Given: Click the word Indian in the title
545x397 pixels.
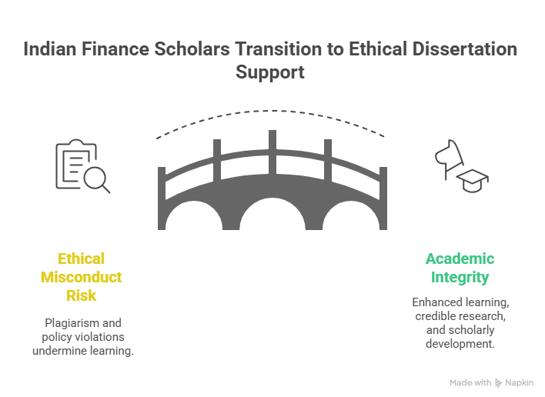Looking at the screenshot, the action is coord(50,49).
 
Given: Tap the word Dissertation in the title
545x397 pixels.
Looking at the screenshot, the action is coord(465,49).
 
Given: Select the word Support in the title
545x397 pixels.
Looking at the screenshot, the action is coord(270,72).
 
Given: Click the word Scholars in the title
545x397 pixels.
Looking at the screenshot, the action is coord(192,49).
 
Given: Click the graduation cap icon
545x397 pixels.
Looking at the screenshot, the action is coord(473,181).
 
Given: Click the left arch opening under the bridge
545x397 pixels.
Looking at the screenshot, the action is coord(194,217).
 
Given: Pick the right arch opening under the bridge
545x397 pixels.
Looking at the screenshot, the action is coord(351,217).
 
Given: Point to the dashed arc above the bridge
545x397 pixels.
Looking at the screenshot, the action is coord(272,111).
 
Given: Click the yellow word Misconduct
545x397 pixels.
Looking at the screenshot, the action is coord(82,277).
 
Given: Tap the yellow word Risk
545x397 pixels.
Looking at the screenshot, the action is coord(82,295).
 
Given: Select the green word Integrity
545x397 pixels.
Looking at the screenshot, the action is coord(460,278).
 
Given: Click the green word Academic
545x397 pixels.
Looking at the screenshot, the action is coord(460,259).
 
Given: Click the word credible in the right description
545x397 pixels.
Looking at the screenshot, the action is coord(436,316).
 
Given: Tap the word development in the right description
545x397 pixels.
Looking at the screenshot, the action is coord(460,344).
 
